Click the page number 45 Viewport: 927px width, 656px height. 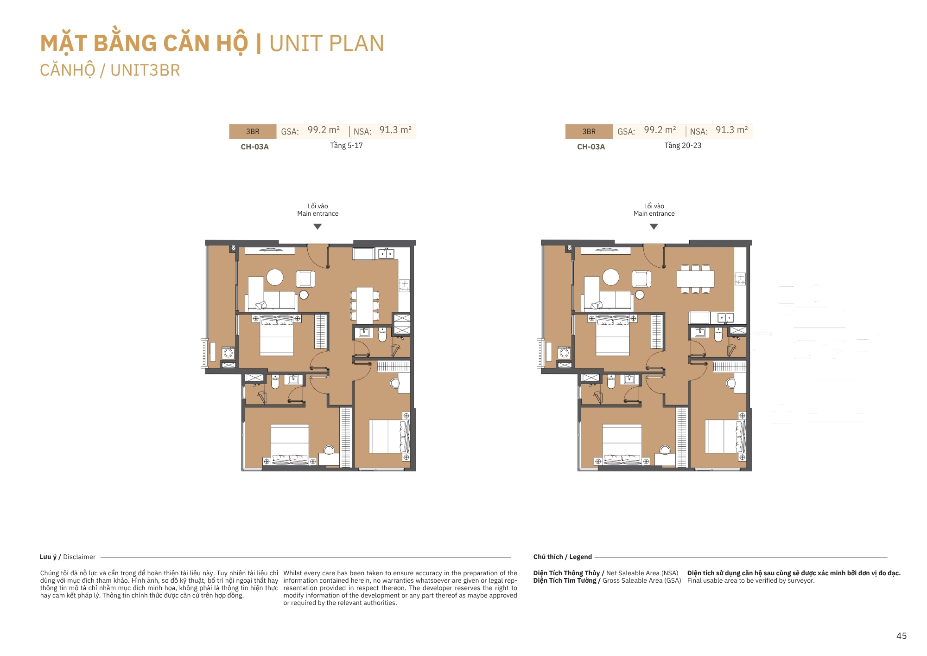pos(902,636)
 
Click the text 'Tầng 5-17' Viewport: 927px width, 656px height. pos(346,146)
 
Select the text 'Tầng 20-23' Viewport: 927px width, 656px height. pos(683,146)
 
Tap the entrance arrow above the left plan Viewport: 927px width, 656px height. pos(317,227)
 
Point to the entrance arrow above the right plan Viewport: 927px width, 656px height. pos(654,227)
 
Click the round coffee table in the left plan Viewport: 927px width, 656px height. pos(275,277)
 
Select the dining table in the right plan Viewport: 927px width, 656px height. pos(695,279)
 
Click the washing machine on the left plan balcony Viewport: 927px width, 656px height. pos(228,353)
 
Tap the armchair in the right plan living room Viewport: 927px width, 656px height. pos(641,279)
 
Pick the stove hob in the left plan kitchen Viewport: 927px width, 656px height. pos(404,285)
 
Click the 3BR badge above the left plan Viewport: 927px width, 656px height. pos(253,131)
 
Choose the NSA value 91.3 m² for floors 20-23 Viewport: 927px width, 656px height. pos(732,130)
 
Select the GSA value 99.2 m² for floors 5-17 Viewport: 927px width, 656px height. pos(324,130)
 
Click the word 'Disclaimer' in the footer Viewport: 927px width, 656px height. pos(79,557)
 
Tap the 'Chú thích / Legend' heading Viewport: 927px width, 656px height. pos(563,557)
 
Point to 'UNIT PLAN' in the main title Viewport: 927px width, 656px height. pos(327,44)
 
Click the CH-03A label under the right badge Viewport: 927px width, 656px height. pos(591,147)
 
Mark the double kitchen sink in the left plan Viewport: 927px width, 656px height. pos(386,254)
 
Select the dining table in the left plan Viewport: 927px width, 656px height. pos(365,305)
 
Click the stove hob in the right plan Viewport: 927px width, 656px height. pos(740,279)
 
